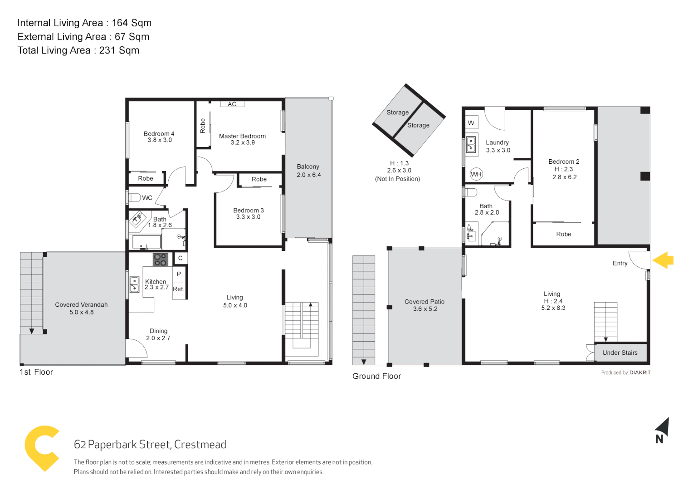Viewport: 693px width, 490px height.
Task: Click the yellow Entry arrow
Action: pyautogui.click(x=663, y=260)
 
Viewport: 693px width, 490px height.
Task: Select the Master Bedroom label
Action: pyautogui.click(x=242, y=136)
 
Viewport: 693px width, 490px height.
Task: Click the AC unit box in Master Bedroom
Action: pyautogui.click(x=232, y=104)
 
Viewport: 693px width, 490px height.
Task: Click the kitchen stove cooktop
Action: pyautogui.click(x=160, y=260)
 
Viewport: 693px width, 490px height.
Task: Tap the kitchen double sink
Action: pyautogui.click(x=134, y=284)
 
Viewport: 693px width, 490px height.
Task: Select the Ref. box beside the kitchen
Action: pyautogui.click(x=179, y=289)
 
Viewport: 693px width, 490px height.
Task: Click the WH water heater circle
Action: pyautogui.click(x=476, y=174)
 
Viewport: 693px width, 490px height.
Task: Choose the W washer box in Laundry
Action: pyautogui.click(x=471, y=123)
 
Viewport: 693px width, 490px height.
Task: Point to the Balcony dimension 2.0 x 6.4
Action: pyautogui.click(x=308, y=175)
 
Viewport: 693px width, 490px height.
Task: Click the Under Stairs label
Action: pyautogui.click(x=620, y=353)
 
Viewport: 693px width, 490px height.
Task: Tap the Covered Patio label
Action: pyautogui.click(x=425, y=302)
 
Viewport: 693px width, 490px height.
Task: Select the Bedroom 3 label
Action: pyautogui.click(x=248, y=211)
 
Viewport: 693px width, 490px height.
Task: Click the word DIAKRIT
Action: pyautogui.click(x=640, y=372)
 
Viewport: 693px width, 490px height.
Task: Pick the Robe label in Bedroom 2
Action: pyautogui.click(x=563, y=234)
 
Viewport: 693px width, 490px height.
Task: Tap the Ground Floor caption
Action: pyautogui.click(x=376, y=376)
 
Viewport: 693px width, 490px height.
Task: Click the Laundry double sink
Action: pyautogui.click(x=471, y=144)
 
